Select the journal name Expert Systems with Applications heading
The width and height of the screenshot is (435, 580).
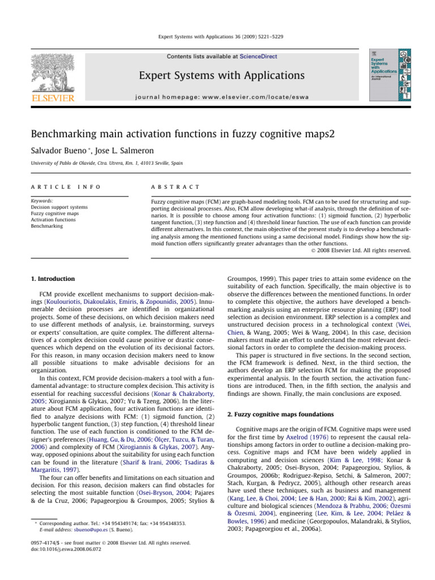(217, 75)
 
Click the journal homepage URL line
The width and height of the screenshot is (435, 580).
(217, 97)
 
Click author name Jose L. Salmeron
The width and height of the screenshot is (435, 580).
(113, 153)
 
